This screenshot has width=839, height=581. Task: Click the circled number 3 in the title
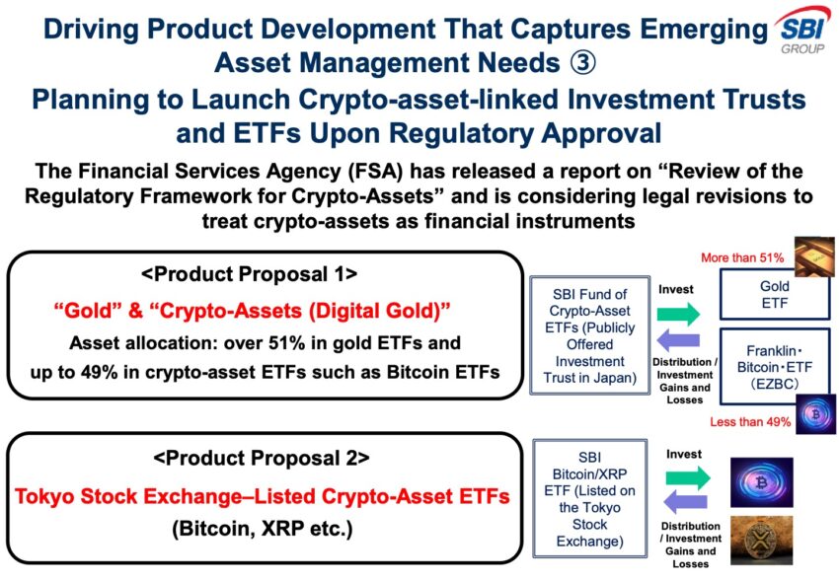[582, 63]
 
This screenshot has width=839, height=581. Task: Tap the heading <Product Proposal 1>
[250, 274]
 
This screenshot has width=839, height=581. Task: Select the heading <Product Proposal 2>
[262, 458]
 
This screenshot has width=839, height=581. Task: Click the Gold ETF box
[774, 295]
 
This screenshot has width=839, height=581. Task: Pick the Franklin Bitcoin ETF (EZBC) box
[774, 367]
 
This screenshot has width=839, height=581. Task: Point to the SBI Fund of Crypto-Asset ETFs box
[589, 335]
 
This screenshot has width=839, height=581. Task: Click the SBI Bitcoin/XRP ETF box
[589, 499]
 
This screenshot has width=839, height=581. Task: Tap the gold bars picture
[814, 256]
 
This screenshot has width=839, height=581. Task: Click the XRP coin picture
[761, 540]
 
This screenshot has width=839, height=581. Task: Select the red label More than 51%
[742, 257]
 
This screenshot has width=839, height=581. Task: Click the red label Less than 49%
[750, 422]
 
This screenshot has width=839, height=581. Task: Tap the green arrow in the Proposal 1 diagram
[678, 314]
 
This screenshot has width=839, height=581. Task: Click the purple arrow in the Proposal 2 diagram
[685, 502]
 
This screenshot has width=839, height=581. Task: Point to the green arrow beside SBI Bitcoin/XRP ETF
[688, 477]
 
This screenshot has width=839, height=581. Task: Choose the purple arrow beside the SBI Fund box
[678, 339]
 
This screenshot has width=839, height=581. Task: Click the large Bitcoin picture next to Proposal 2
[761, 482]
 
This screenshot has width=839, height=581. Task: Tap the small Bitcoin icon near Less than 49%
[815, 414]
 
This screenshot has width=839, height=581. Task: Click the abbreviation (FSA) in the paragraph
[379, 172]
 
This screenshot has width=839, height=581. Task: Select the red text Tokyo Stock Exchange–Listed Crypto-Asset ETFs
[263, 496]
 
